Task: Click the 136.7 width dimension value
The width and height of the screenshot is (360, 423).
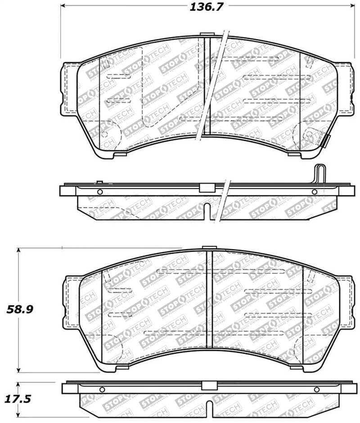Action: [x=205, y=6]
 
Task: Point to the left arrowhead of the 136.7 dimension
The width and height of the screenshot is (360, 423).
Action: [x=63, y=6]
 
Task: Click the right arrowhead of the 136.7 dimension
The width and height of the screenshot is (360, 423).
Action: [x=351, y=6]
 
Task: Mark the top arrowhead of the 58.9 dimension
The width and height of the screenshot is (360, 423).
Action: [x=18, y=250]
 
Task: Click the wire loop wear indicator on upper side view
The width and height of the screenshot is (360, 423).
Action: [x=319, y=173]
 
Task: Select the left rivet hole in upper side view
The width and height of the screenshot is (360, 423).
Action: [x=100, y=192]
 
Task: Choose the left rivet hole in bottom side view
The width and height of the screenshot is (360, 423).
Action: [x=102, y=390]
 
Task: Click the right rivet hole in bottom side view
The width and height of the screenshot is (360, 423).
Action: [x=316, y=390]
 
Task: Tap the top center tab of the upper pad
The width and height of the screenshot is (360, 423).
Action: [x=207, y=35]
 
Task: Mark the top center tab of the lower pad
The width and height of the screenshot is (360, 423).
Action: [x=209, y=247]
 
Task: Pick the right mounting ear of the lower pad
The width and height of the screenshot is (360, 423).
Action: [x=346, y=300]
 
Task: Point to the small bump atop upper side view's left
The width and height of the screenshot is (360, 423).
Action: [x=99, y=182]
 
